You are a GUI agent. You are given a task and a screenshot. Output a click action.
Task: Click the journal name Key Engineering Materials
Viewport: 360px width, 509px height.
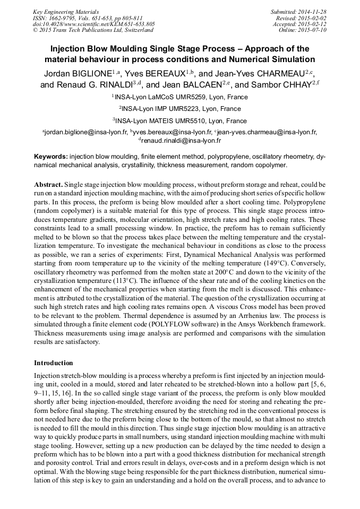(66, 11)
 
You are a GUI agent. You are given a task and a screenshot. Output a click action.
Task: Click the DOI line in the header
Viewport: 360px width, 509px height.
(94, 24)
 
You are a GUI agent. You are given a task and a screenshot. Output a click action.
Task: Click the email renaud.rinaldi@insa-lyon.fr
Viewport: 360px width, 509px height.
(181, 141)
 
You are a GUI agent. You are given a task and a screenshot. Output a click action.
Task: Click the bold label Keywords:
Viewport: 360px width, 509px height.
(50, 157)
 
